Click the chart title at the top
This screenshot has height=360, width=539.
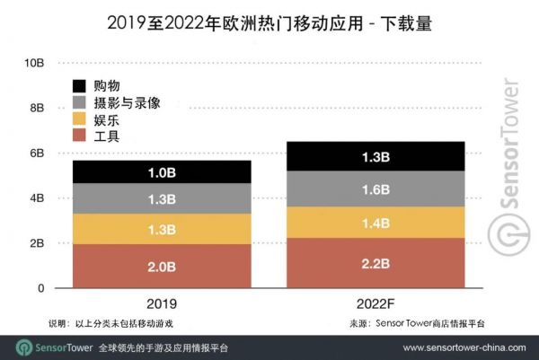point(269,24)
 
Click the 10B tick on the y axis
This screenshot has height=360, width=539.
point(35,63)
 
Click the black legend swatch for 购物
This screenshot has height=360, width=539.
point(81,86)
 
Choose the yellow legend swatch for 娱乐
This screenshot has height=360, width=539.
point(81,119)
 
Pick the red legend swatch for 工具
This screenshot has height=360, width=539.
point(81,136)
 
